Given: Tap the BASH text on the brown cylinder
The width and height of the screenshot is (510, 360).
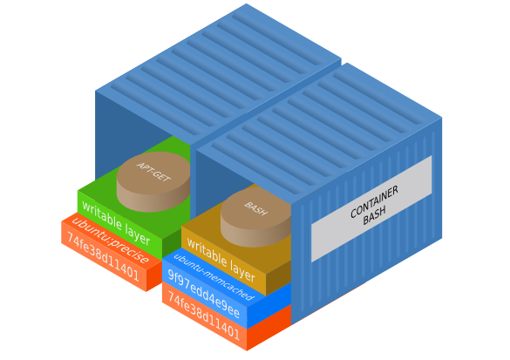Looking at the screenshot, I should click(x=255, y=208).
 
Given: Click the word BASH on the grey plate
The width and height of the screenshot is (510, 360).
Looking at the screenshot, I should click(x=375, y=217).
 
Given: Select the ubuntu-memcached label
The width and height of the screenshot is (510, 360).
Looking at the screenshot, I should click(x=213, y=276).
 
